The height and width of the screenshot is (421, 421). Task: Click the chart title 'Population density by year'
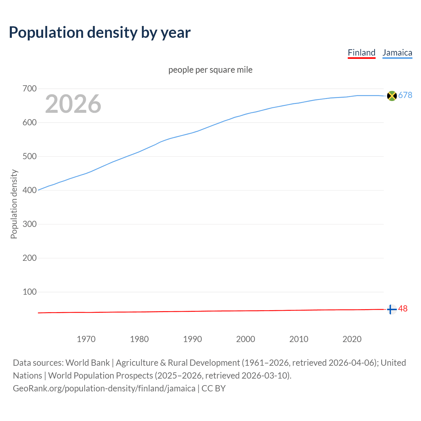point(100,33)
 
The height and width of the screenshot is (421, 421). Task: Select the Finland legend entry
point(361,53)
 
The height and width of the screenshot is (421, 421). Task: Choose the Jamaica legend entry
point(397,53)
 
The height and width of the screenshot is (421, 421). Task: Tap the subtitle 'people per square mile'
point(210,70)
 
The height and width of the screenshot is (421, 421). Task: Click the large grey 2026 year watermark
point(73,104)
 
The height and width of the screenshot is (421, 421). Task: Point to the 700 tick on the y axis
point(30,89)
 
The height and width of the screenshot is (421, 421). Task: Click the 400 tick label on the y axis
point(30,190)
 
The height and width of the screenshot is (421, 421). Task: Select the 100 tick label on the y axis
point(30,292)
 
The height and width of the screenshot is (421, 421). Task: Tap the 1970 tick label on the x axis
point(86,339)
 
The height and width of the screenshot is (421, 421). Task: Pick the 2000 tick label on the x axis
point(245,339)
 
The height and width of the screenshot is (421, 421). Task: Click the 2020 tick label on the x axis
point(352,339)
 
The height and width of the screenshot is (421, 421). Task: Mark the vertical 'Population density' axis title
point(14,204)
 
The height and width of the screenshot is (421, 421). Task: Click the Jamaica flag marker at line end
point(392,96)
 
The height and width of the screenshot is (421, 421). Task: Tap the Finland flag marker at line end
point(391,310)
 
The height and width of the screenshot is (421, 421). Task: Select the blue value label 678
point(405,95)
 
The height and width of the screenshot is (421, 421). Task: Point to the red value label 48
point(403,309)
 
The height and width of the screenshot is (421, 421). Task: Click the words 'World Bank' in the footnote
point(87,363)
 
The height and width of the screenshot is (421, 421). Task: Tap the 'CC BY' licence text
point(213,388)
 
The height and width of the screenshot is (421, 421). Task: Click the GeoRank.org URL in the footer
point(104,388)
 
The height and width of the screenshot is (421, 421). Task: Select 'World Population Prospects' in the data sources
point(101,376)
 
